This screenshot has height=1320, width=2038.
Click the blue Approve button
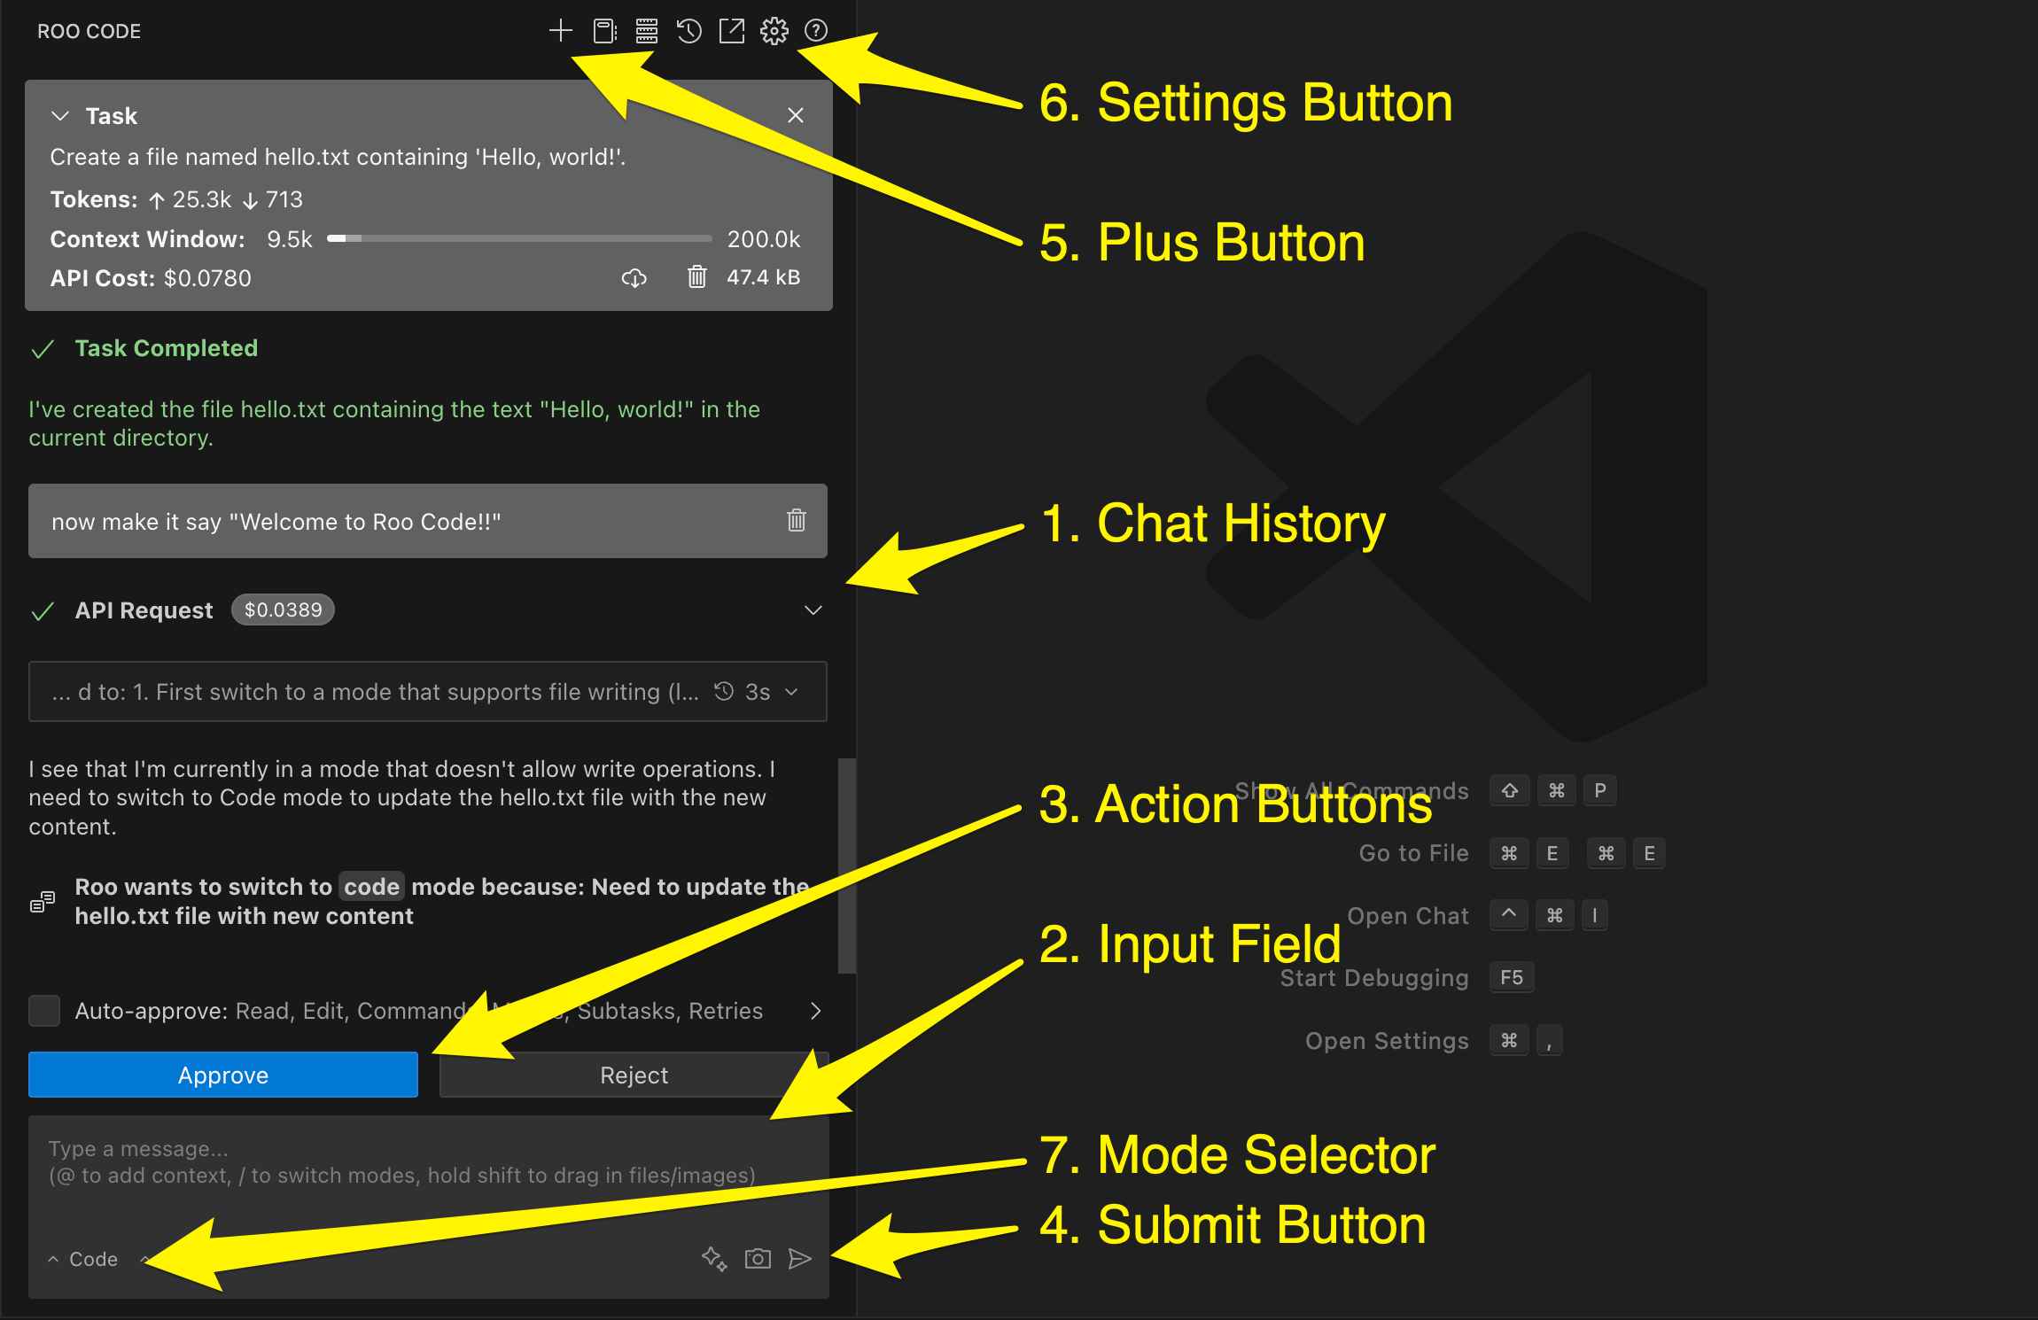click(x=222, y=1075)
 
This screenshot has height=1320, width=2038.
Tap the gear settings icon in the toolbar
click(x=774, y=31)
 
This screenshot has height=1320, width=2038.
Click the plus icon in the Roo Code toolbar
click(x=560, y=31)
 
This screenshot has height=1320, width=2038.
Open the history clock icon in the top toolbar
click(x=688, y=31)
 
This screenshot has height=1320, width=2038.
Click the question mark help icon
click(x=815, y=31)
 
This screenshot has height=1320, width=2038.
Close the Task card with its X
click(x=795, y=115)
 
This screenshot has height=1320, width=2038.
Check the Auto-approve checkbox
click(x=44, y=1010)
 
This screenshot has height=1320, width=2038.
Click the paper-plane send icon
click(x=799, y=1258)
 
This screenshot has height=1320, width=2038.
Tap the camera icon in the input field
click(x=758, y=1258)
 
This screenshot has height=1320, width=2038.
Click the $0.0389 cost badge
click(x=283, y=610)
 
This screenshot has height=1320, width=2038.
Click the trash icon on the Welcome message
click(x=796, y=520)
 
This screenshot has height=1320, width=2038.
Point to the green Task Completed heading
click(x=166, y=348)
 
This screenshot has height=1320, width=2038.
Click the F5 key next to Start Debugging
click(x=1511, y=977)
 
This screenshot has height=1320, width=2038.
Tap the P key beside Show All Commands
click(x=1599, y=790)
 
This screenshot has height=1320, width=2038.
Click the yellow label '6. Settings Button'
click(x=1245, y=103)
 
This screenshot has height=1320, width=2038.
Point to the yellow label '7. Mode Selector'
click(x=1237, y=1154)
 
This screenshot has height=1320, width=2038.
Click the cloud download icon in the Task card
click(x=634, y=278)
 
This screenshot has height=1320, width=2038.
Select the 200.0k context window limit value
click(x=763, y=239)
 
